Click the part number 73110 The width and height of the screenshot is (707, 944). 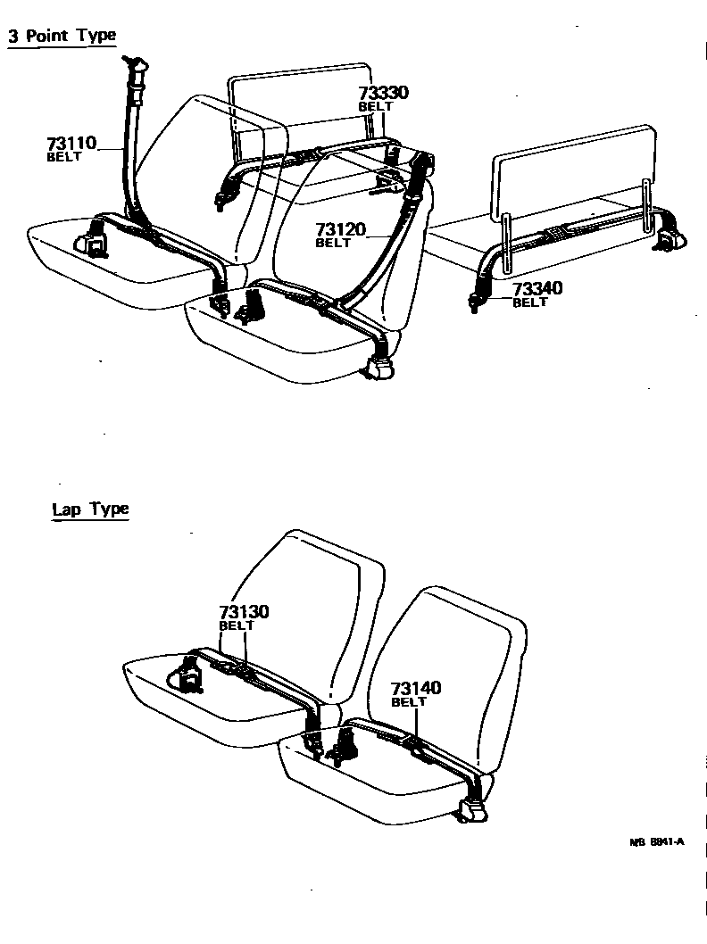(72, 143)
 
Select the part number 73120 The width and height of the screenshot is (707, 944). (340, 230)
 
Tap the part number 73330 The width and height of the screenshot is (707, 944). (384, 94)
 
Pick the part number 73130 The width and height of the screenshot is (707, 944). (244, 612)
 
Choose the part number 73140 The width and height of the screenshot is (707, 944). (416, 689)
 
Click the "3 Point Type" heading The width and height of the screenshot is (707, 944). (62, 37)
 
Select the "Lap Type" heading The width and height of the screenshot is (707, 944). (90, 509)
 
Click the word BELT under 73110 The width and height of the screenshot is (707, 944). (63, 157)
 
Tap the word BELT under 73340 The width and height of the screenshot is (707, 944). (529, 302)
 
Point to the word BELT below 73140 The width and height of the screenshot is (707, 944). (409, 702)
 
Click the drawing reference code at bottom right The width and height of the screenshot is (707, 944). (657, 841)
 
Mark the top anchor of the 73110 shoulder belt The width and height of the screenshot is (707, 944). (137, 67)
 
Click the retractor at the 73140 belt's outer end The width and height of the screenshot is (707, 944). (471, 809)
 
